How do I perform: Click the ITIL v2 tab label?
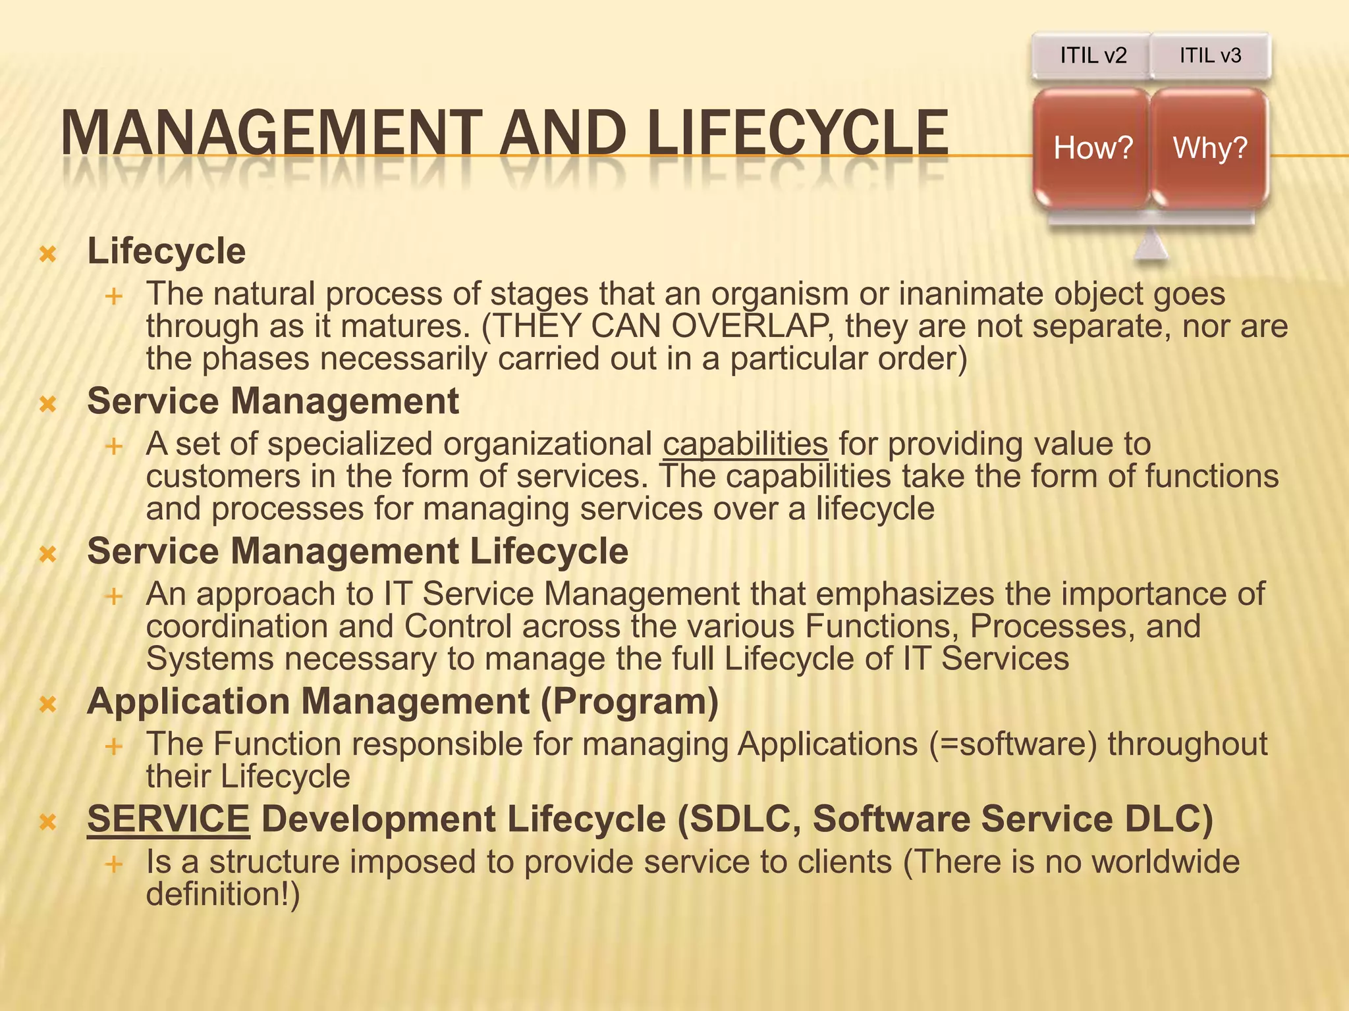point(1093,55)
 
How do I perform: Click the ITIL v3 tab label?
point(1210,55)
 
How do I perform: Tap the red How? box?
point(1092,148)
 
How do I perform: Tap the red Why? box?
point(1210,148)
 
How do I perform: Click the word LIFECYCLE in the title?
point(797,134)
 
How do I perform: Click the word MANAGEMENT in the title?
point(271,134)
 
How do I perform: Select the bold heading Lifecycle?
point(167,251)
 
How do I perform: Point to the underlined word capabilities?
point(745,444)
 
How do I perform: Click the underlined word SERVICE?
point(168,819)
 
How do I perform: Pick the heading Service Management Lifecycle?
point(358,551)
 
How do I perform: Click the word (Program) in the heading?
point(629,702)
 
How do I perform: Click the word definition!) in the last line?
point(223,894)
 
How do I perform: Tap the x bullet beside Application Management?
point(47,705)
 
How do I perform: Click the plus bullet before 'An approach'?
point(114,597)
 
